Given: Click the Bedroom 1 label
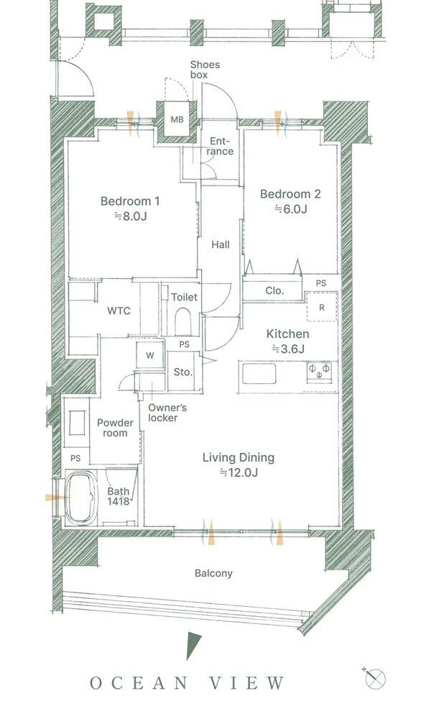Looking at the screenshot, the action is click(x=129, y=201).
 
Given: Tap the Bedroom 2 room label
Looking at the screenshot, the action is click(x=290, y=194).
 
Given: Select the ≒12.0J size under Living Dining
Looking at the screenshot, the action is click(x=239, y=472).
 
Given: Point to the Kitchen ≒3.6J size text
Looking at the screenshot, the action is click(x=288, y=349).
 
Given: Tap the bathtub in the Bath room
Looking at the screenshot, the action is click(x=81, y=499).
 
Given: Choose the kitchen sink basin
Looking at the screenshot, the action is click(x=259, y=372).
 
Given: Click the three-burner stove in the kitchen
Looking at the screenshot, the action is click(x=319, y=371).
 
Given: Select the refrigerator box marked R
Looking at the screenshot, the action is click(x=322, y=308).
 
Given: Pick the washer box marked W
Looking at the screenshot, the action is click(x=150, y=355).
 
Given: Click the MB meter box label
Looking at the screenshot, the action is click(x=177, y=120).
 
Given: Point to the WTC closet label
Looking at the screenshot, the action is click(x=119, y=311).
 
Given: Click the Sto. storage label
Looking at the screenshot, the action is click(x=182, y=372).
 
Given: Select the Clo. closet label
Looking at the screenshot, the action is click(x=274, y=290).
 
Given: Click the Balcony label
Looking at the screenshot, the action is click(x=213, y=573).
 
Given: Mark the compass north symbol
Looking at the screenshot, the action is click(x=375, y=677).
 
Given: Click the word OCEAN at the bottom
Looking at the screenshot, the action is click(x=139, y=683).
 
